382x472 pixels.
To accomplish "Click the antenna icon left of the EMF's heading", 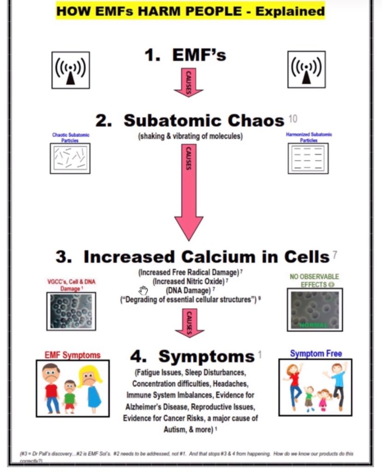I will [x=70, y=70].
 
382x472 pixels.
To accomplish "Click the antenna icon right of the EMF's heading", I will [x=306, y=69].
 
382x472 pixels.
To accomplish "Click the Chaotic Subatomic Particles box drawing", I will [x=70, y=158].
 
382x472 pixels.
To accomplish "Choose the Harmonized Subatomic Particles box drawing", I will [x=308, y=158].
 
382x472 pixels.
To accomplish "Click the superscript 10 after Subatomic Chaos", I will [x=293, y=119].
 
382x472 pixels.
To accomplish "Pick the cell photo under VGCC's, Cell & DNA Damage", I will [x=71, y=311].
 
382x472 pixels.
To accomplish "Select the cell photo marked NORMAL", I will [x=315, y=310].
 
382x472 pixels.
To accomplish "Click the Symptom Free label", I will [x=316, y=354].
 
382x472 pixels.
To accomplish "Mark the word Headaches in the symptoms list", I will [x=231, y=383].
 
